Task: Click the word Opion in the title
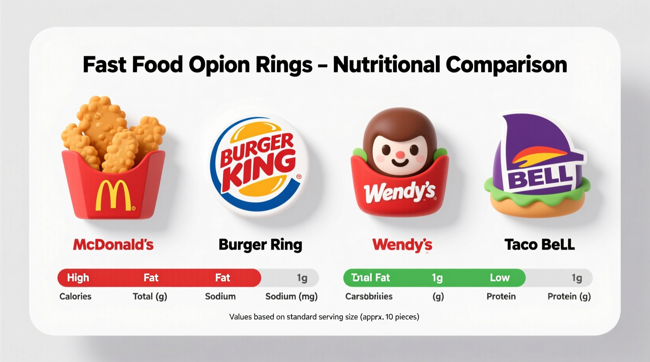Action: point(219,65)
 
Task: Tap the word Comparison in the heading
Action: point(506,65)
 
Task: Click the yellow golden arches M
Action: point(113,195)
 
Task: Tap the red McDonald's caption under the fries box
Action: point(113,245)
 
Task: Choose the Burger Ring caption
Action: point(260,245)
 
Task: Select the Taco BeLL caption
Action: point(539,245)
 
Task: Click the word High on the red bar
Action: point(78,278)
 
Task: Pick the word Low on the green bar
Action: point(500,278)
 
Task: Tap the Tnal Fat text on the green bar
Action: point(370,278)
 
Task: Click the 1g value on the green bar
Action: point(437,278)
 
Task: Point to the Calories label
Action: point(75,296)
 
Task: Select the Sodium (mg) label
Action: point(291,296)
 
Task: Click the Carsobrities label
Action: point(369,296)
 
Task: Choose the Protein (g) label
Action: point(569,296)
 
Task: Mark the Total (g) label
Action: point(150,296)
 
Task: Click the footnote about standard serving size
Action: point(324,317)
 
